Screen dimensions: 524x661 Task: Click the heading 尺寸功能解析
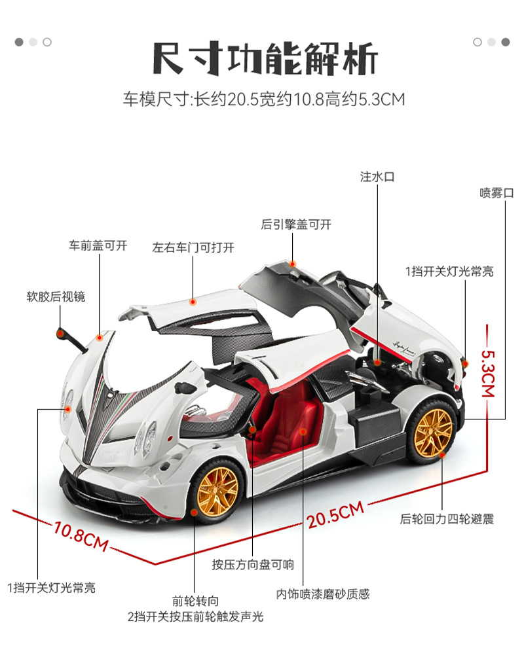coord(265,60)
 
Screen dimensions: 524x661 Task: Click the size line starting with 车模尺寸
coord(264,100)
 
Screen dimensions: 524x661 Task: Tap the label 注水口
coord(377,177)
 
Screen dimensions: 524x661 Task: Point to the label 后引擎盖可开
coord(296,224)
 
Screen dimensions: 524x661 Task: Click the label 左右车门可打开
coord(193,247)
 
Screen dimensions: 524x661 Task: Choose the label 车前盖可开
coord(98,246)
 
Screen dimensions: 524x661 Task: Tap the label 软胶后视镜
coord(56,296)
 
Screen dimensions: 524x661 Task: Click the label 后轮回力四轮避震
coord(447,519)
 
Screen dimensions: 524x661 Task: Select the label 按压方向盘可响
coord(253,565)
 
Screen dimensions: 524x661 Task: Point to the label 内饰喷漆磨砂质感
coord(323,594)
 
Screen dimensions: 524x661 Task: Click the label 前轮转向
coord(195,600)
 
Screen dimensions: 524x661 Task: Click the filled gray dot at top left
coord(19,42)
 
